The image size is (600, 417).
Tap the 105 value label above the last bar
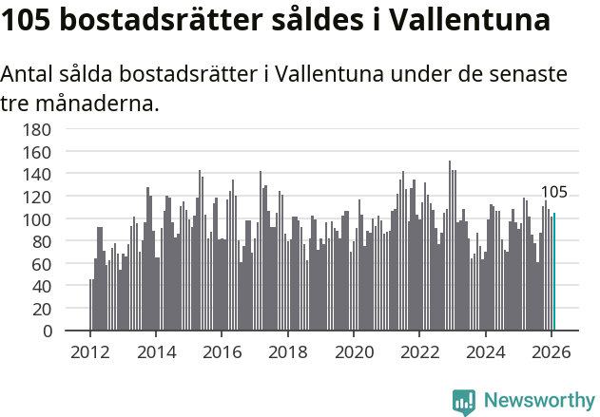point(553,193)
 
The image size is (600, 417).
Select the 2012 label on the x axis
point(90,352)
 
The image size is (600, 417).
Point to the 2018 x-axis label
point(288,352)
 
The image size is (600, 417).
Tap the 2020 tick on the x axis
point(354,352)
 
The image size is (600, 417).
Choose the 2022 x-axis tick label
point(419,352)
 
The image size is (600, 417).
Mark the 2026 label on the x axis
point(552,352)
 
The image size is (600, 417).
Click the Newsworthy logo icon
point(464,401)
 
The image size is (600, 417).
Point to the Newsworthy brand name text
point(538,401)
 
